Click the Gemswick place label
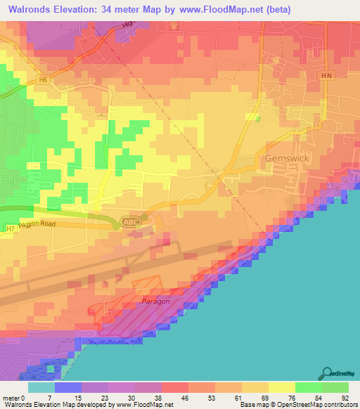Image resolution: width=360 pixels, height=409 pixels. pyautogui.click(x=288, y=159)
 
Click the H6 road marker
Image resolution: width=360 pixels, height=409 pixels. pyautogui.click(x=44, y=80)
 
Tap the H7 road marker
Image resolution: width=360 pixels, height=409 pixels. pyautogui.click(x=10, y=228)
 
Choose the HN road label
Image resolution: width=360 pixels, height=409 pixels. pyautogui.click(x=326, y=76)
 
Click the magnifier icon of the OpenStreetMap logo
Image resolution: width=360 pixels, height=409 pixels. pyautogui.click(x=326, y=372)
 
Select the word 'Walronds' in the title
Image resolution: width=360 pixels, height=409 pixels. pyautogui.click(x=31, y=10)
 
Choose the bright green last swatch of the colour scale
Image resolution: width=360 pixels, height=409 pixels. pyautogui.click(x=335, y=387)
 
